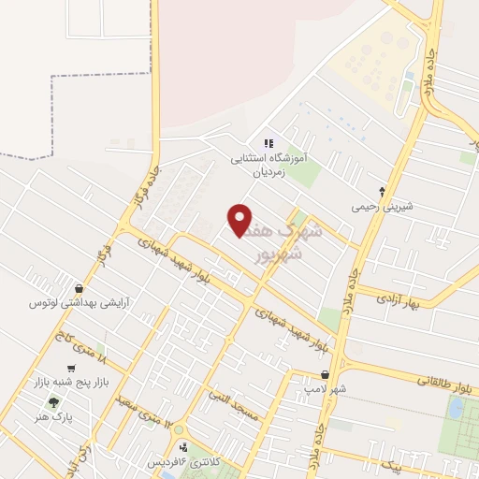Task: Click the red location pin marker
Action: click(240, 220)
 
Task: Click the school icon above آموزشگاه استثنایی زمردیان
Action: click(269, 144)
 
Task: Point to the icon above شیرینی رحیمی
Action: click(382, 189)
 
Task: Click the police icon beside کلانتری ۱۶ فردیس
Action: click(184, 446)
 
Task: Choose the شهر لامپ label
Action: click(324, 389)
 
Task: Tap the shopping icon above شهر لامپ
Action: click(324, 373)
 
